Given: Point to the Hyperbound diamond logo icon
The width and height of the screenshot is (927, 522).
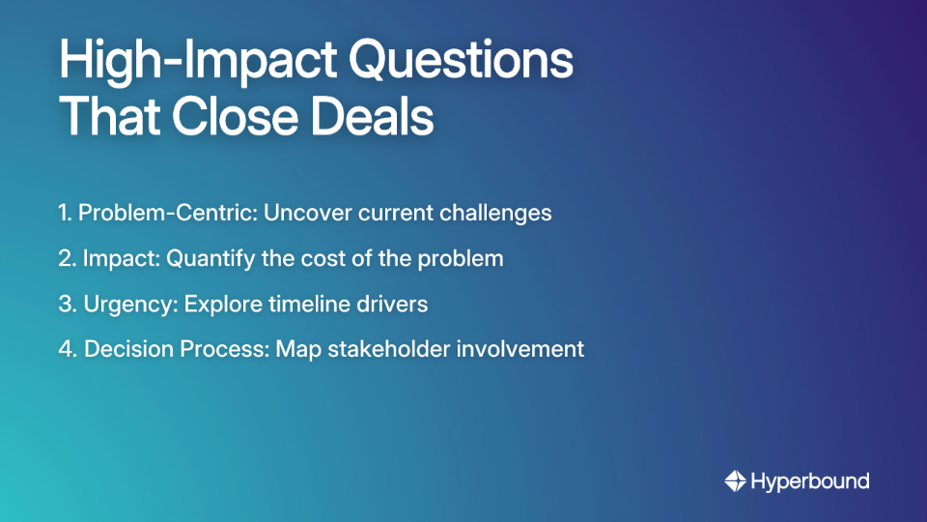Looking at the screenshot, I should (x=735, y=480).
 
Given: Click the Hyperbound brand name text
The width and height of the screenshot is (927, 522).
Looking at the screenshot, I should (x=810, y=480).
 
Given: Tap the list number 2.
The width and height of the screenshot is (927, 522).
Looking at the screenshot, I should (x=66, y=259).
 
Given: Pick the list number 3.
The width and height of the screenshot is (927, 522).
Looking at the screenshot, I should (x=66, y=304).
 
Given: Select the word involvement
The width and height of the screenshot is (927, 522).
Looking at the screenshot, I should (x=526, y=349).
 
